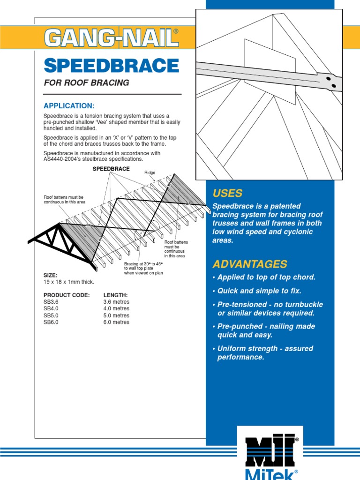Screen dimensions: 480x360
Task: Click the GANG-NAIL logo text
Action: (112, 37)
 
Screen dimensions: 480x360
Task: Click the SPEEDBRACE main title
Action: (112, 66)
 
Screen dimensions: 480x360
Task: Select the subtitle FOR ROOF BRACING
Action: (86, 83)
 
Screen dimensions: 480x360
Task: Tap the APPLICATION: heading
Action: (69, 105)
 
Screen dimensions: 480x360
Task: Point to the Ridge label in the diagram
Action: (150, 173)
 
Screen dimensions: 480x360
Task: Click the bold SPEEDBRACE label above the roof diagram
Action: (111, 168)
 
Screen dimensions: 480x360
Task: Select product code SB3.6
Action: (51, 302)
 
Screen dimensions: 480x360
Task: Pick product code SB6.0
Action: (51, 322)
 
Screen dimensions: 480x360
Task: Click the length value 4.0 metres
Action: (116, 308)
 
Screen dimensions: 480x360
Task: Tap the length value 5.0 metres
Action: (116, 315)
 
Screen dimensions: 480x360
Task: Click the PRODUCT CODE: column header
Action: (66, 295)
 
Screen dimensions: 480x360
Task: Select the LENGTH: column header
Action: (115, 295)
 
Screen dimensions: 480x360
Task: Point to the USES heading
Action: (227, 193)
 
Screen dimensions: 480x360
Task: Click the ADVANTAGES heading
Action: (249, 264)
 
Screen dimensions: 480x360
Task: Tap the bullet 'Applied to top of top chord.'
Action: (263, 277)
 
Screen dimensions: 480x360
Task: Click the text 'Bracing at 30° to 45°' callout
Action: (143, 264)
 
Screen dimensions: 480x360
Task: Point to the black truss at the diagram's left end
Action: (61, 244)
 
